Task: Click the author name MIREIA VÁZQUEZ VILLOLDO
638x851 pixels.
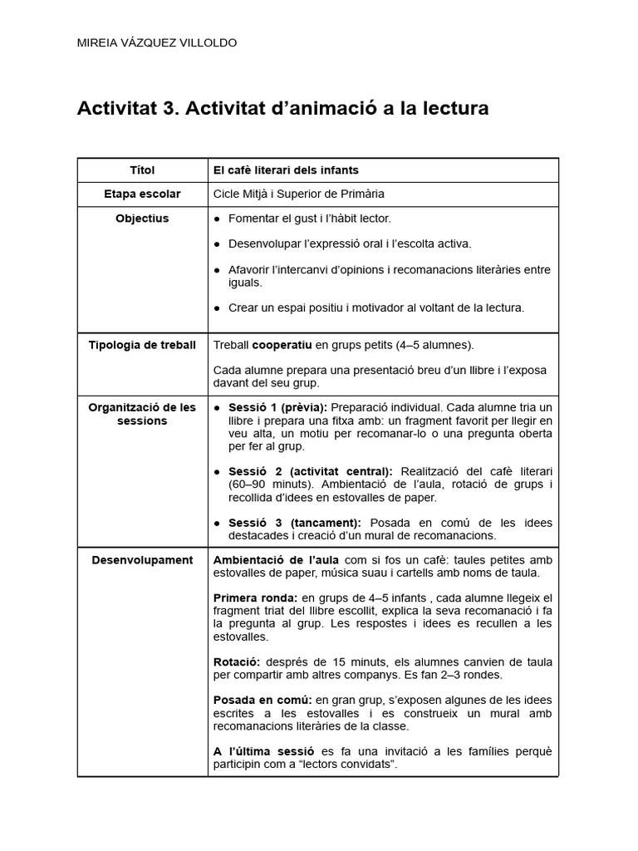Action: pos(156,43)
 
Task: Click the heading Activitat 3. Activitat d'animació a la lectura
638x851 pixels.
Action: pos(283,109)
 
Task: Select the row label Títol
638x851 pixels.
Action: pos(142,170)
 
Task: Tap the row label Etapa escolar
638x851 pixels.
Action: pos(142,194)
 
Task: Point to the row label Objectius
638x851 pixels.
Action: pos(142,219)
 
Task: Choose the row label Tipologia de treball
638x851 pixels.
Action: pos(142,345)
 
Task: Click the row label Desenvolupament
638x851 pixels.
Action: pos(142,560)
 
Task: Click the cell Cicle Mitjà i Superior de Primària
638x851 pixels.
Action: pos(299,194)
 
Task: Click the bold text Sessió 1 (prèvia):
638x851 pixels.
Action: pos(278,407)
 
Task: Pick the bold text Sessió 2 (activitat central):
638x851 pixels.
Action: pos(310,471)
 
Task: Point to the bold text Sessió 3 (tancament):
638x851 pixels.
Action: pos(295,523)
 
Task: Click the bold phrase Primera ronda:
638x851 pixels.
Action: pos(254,598)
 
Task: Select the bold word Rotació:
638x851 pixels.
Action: pos(237,662)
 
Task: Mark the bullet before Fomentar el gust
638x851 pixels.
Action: pos(218,219)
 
